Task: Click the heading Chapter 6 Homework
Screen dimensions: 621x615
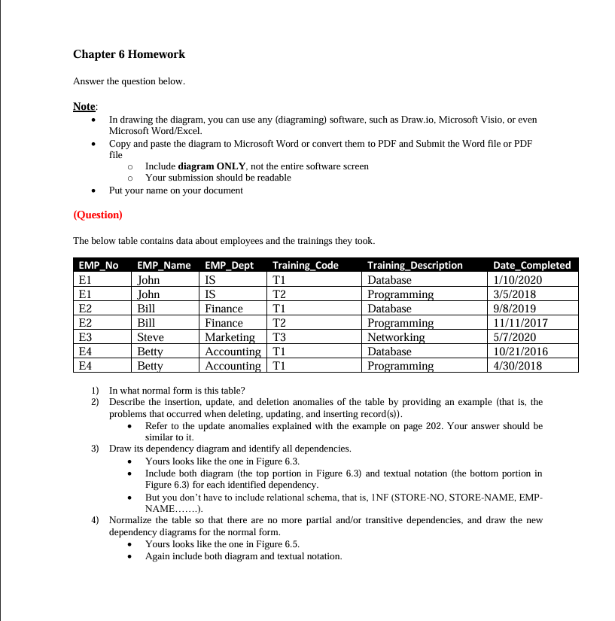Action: tap(129, 54)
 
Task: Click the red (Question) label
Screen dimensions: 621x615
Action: tap(97, 215)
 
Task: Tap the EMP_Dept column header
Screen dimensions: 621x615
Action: tap(229, 265)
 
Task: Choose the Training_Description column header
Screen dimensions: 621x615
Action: tap(415, 265)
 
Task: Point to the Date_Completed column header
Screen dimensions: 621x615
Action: tap(531, 265)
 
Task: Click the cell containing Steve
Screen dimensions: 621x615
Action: tap(151, 337)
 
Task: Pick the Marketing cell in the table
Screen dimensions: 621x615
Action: tap(230, 337)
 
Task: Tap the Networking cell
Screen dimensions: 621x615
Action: tap(396, 337)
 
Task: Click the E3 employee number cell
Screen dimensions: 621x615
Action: tap(85, 337)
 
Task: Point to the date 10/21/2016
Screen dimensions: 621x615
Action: tap(520, 352)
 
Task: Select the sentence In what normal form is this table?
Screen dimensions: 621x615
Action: tap(177, 391)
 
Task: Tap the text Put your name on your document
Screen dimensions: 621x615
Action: tap(175, 190)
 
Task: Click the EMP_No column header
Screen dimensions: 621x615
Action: tap(99, 265)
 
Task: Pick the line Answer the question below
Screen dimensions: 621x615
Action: tap(129, 81)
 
